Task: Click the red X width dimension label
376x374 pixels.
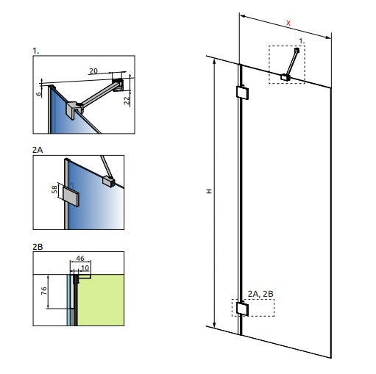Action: point(288,24)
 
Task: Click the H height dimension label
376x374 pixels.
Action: point(209,191)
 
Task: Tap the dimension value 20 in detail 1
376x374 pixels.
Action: point(93,71)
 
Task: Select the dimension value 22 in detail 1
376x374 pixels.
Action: point(127,101)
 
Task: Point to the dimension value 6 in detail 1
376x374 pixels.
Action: point(39,94)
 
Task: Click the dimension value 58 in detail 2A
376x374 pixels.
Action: point(54,190)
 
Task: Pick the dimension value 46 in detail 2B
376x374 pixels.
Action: point(80,259)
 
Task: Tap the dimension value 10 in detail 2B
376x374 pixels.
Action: point(85,268)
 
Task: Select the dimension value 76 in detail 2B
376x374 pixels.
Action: point(44,291)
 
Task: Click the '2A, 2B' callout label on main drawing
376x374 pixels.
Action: point(260,294)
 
